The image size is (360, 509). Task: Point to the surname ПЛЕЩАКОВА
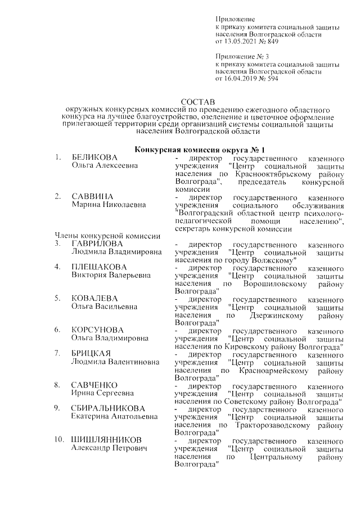(100, 267)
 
